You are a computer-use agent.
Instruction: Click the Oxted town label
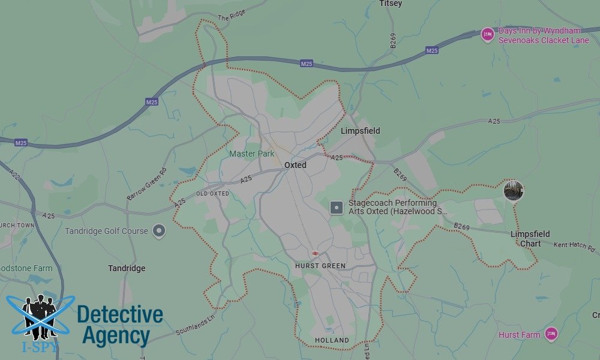pos(295,165)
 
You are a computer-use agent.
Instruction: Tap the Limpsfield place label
pos(360,131)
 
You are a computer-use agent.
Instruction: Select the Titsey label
pos(391,4)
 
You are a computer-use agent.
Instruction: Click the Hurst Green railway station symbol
pos(315,254)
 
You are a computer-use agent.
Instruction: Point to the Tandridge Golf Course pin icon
pos(158,230)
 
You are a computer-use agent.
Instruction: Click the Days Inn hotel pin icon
pos(488,35)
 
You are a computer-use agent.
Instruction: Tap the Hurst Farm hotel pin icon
pos(551,334)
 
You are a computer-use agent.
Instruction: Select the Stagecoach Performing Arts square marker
pos(338,208)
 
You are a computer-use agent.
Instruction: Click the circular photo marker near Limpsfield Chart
pos(514,190)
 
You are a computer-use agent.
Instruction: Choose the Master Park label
pos(252,154)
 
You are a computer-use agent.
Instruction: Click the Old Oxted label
pos(212,194)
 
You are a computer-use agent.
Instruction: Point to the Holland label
pos(332,340)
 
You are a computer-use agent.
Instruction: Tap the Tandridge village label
pos(127,268)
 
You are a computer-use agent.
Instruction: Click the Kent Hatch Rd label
pos(574,245)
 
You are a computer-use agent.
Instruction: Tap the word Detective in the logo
pos(120,314)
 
